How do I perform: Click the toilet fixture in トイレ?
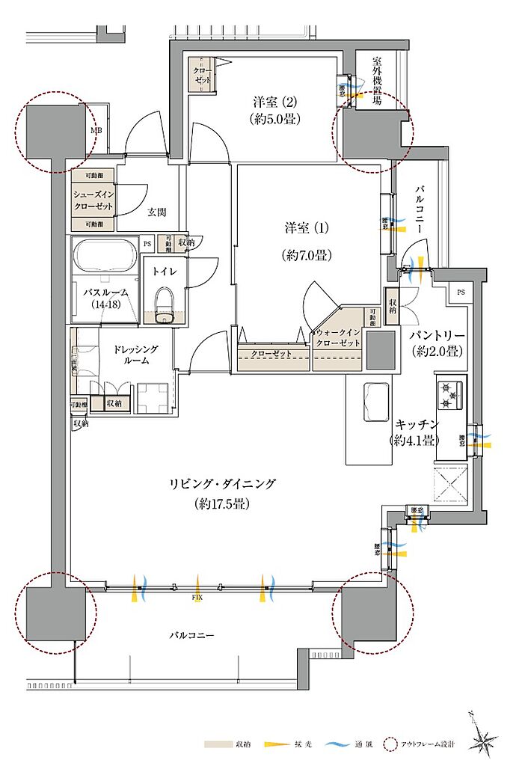[162, 307]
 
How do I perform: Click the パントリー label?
[438, 337]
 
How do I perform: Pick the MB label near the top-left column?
[96, 130]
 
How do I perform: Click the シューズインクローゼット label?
[93, 200]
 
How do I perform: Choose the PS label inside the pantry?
[461, 292]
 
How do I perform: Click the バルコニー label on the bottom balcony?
[191, 635]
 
